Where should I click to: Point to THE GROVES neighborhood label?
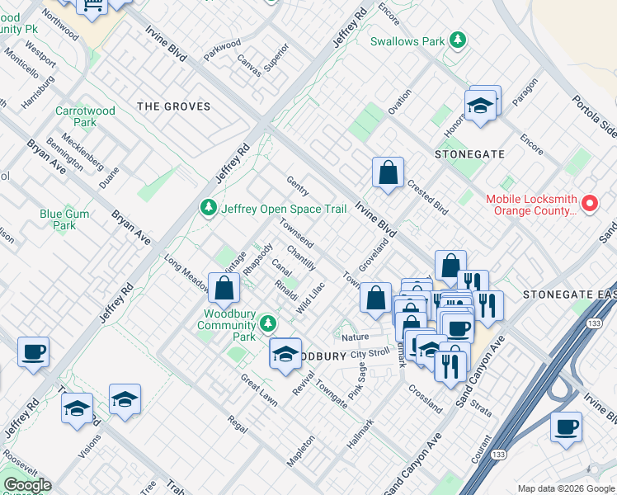click(x=174, y=106)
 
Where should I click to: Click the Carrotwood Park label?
click(x=75, y=116)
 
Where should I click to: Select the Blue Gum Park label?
click(x=64, y=219)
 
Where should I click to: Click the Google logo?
click(x=26, y=485)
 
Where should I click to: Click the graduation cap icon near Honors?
click(x=478, y=106)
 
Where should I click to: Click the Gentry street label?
click(x=297, y=186)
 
